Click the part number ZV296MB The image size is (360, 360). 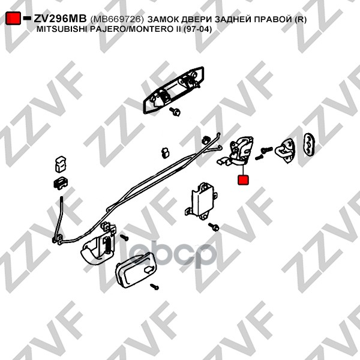60,19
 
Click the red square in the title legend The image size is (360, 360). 13,19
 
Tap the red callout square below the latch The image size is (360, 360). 244,179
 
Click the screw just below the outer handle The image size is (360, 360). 176,112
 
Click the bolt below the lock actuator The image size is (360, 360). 214,227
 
